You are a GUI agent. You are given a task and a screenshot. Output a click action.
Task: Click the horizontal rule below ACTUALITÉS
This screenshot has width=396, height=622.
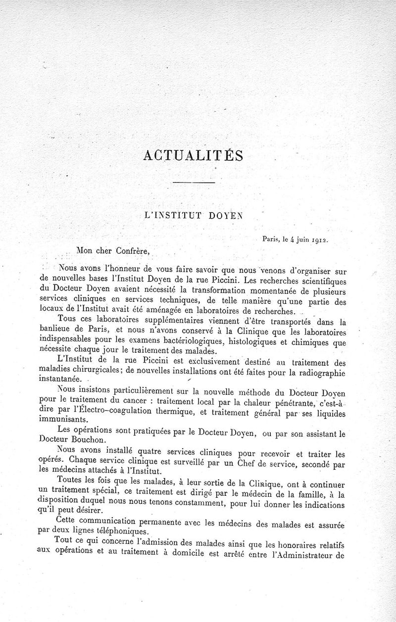(193, 184)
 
